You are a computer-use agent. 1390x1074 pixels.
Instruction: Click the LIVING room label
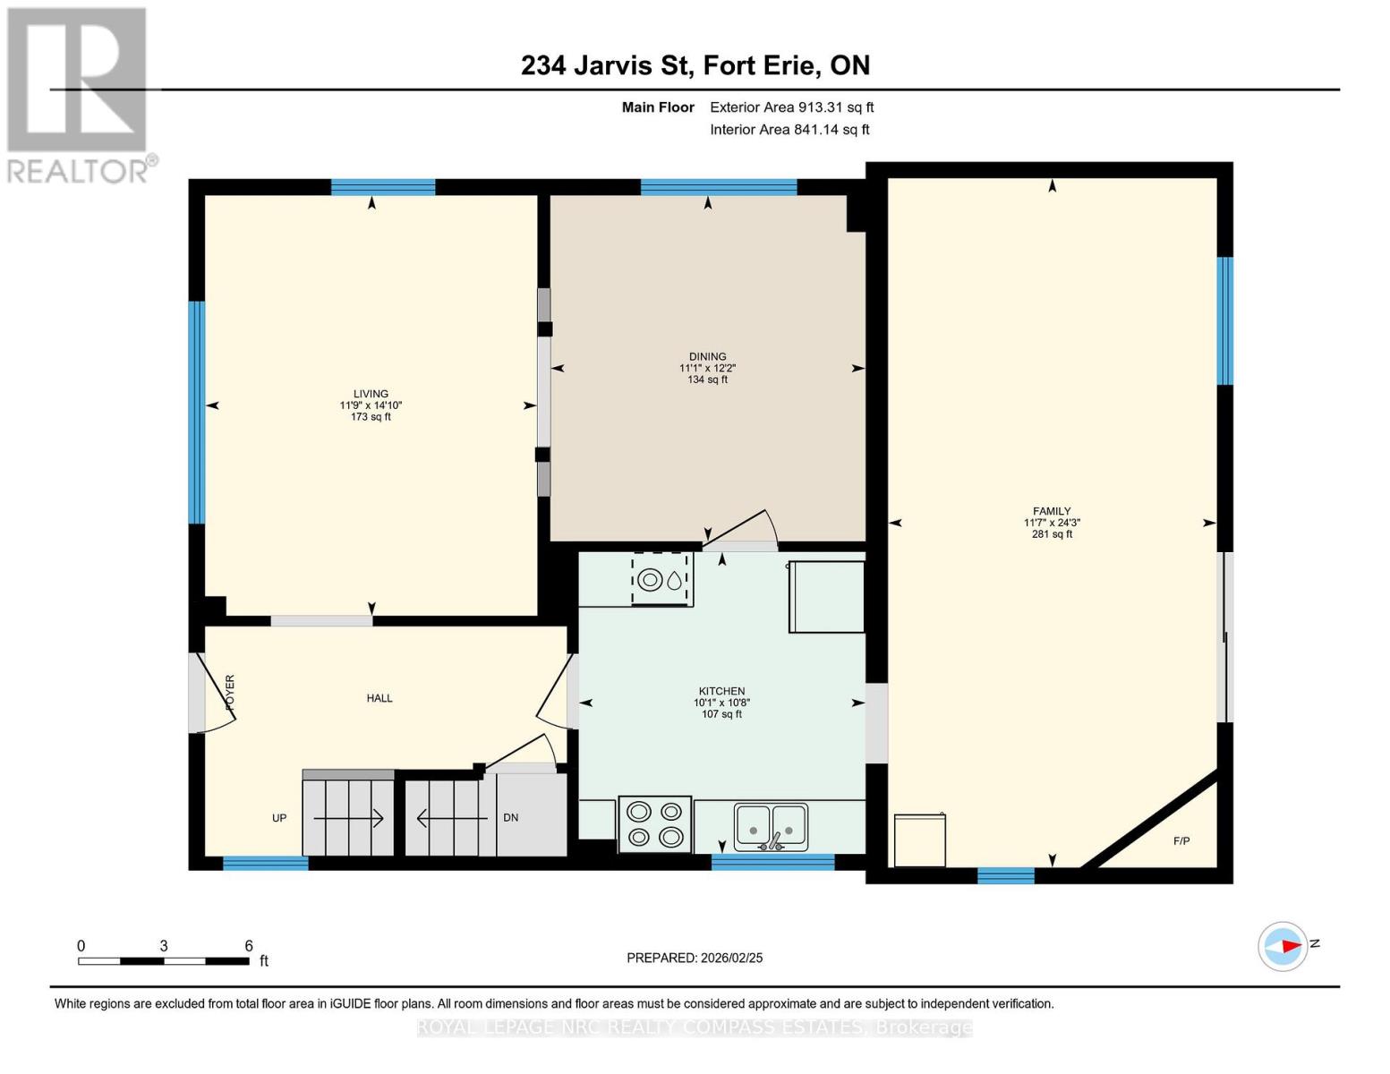point(371,394)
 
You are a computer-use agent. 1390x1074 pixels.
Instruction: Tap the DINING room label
point(707,357)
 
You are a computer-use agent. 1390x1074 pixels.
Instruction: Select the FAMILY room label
point(1052,511)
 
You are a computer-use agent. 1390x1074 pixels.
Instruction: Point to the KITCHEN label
point(721,691)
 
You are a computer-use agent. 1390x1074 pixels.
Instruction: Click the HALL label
point(379,698)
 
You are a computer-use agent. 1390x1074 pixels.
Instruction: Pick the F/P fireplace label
point(1181,841)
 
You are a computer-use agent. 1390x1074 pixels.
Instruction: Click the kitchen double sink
point(771,827)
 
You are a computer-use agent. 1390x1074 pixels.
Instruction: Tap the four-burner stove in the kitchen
point(655,824)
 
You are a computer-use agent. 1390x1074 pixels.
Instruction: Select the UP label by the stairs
point(279,818)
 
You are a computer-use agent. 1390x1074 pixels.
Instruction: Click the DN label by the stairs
point(510,817)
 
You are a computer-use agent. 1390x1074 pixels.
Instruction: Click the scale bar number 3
point(164,945)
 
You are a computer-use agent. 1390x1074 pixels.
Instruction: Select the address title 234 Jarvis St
point(607,65)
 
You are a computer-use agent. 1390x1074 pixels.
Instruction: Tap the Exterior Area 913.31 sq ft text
point(792,107)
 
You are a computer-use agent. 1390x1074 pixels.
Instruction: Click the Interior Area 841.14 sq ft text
point(790,130)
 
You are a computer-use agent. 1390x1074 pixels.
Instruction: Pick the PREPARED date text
point(695,959)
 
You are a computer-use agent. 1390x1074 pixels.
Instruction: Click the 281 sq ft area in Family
point(1052,534)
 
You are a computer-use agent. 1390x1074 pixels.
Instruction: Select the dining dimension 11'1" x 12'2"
point(707,369)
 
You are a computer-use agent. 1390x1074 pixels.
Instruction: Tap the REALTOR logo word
point(78,172)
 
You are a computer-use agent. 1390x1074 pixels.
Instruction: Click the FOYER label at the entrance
point(230,692)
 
